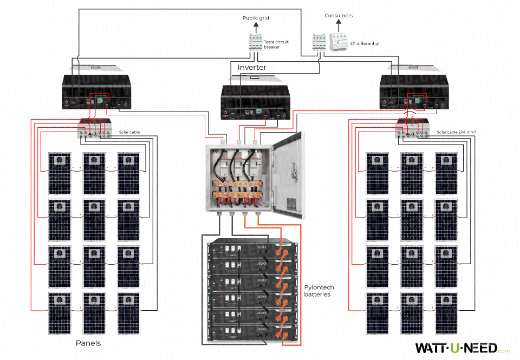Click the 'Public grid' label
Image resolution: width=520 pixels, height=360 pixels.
(255, 18)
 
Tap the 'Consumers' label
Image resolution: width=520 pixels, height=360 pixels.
(339, 16)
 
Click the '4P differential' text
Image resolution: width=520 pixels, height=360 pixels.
(365, 43)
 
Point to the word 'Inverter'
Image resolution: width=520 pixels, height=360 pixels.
(252, 67)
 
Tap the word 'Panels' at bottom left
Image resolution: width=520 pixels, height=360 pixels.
(88, 343)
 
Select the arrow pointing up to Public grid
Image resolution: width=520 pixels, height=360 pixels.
(255, 28)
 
